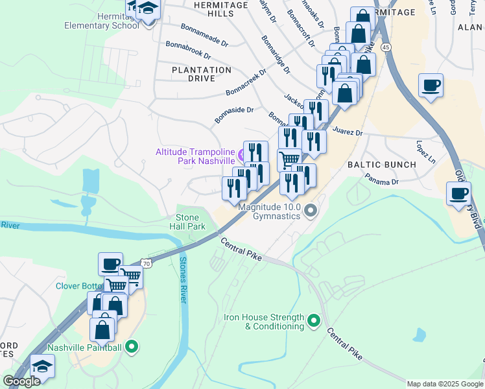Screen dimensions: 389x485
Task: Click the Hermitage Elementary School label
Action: [x=101, y=21]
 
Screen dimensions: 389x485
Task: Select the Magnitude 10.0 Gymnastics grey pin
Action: [x=311, y=211]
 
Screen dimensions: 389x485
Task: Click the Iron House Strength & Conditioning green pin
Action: [x=314, y=321]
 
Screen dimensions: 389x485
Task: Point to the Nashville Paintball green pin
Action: [x=132, y=347]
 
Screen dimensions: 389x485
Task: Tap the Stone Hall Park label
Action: [x=191, y=222]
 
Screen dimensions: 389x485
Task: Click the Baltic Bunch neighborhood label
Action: [x=382, y=165]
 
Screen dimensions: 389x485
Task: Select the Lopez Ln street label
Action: [x=426, y=152]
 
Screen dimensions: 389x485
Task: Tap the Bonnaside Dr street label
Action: [x=234, y=115]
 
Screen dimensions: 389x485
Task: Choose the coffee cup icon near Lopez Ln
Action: [x=459, y=193]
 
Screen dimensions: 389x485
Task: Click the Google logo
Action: [x=21, y=381]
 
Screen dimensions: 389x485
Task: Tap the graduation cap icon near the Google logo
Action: [x=42, y=366]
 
